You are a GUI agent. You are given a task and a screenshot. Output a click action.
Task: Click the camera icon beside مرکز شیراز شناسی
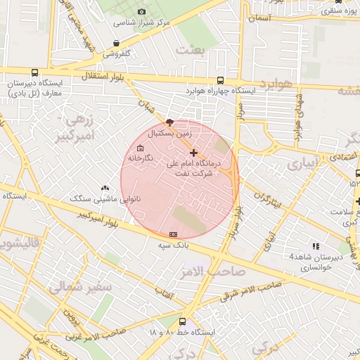click(143, 12)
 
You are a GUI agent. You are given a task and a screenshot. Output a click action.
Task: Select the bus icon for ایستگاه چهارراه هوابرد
click(221, 80)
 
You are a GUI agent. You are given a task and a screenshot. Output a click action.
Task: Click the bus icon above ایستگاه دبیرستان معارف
click(35, 72)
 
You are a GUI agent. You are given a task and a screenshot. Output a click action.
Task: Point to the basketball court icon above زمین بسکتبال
click(169, 122)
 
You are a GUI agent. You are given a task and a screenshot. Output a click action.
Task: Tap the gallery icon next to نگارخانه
click(139, 148)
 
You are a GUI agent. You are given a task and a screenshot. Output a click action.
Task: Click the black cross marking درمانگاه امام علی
click(194, 153)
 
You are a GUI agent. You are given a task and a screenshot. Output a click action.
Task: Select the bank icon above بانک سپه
click(174, 233)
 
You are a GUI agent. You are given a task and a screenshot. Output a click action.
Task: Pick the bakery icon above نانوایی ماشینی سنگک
click(105, 188)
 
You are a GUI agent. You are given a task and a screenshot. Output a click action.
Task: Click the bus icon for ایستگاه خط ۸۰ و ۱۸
click(183, 321)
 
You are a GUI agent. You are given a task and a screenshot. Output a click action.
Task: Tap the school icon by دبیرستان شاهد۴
click(316, 246)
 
